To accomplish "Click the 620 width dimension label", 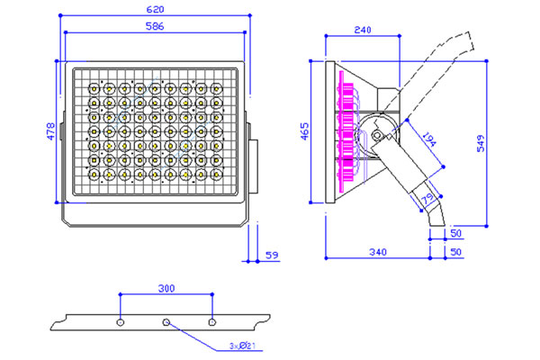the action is (x=155, y=10).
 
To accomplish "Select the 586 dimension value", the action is (x=155, y=26).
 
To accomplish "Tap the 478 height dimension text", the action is (x=50, y=131).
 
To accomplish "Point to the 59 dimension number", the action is (x=272, y=256).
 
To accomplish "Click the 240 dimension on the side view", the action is (x=363, y=30).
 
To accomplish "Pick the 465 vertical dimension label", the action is (x=305, y=131).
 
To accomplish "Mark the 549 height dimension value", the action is (x=481, y=143).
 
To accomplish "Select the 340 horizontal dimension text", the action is (x=378, y=252).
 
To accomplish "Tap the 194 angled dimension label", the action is (x=429, y=139).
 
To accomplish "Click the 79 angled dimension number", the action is (x=427, y=198).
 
